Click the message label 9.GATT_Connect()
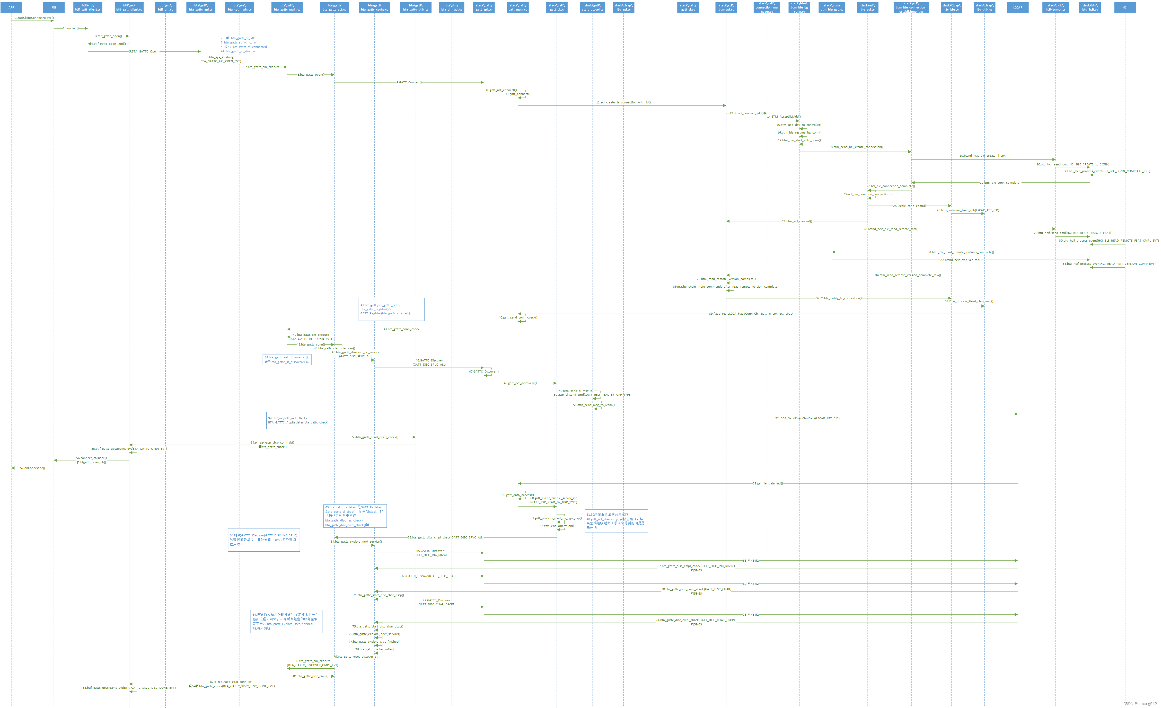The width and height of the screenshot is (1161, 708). (x=409, y=82)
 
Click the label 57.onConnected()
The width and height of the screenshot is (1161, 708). (x=32, y=468)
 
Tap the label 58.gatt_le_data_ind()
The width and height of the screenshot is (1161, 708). (x=768, y=483)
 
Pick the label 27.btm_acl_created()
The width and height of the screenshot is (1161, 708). (x=797, y=221)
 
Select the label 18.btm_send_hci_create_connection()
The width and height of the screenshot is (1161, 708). (x=856, y=147)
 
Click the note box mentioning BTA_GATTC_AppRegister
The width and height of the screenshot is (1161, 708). (x=299, y=420)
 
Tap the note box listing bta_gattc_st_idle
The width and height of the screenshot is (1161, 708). (x=244, y=44)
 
